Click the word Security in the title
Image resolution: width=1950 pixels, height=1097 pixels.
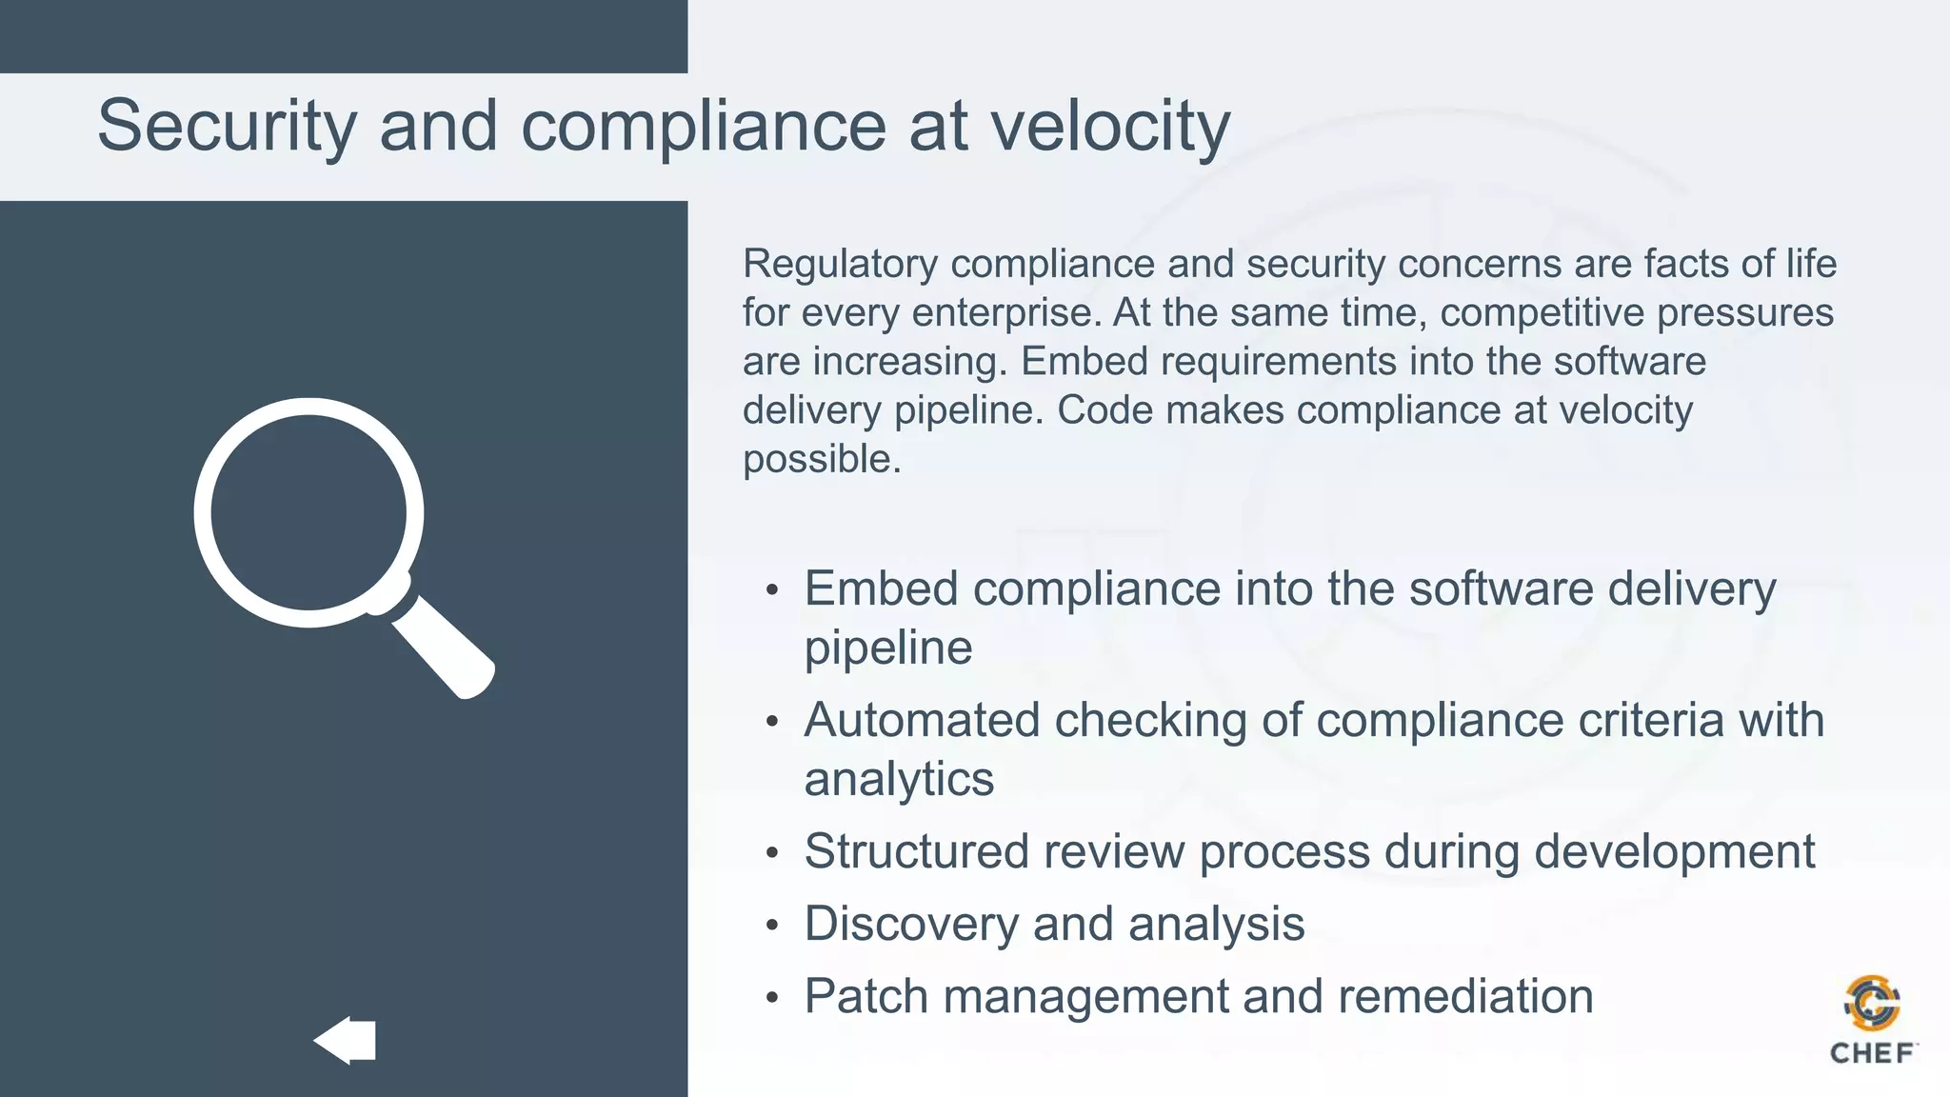(227, 127)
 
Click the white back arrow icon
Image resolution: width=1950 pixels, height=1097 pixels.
(345, 1040)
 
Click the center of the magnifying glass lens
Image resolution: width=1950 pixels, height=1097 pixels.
(308, 512)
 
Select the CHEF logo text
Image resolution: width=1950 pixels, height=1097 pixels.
(1872, 1053)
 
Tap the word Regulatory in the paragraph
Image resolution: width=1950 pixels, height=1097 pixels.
(840, 265)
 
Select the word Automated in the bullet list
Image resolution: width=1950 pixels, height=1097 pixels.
(921, 720)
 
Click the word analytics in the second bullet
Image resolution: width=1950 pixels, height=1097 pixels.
(899, 779)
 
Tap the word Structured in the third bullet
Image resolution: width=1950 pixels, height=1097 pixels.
(916, 851)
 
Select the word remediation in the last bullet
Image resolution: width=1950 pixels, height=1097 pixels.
(1465, 996)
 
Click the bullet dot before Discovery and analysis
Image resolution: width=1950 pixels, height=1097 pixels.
(772, 926)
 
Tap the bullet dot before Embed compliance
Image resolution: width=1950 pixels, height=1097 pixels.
(772, 590)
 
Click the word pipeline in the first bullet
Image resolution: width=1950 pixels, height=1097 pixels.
(888, 648)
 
